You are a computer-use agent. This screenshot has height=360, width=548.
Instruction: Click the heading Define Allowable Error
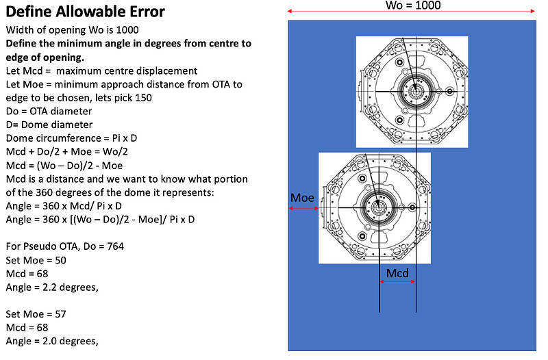click(85, 12)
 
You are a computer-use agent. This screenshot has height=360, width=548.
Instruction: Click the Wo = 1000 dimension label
click(413, 5)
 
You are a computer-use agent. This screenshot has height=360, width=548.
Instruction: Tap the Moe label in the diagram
click(302, 198)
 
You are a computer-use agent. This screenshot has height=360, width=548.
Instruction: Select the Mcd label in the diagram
click(397, 272)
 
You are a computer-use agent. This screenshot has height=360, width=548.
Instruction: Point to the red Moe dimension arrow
click(303, 209)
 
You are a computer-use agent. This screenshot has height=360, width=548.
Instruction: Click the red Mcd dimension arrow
click(398, 281)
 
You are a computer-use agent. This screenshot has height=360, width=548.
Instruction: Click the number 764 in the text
click(115, 246)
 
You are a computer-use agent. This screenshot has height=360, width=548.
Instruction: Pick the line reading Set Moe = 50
click(36, 260)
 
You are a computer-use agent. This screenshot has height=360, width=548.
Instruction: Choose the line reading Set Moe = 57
click(36, 314)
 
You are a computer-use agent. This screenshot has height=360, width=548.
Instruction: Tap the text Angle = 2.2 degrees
click(52, 287)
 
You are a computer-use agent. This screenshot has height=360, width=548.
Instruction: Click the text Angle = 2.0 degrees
click(52, 341)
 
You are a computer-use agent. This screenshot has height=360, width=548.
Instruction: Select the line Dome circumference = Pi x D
click(71, 138)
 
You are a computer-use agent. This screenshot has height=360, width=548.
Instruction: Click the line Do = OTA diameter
click(49, 111)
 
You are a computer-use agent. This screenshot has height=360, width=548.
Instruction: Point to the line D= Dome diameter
click(49, 125)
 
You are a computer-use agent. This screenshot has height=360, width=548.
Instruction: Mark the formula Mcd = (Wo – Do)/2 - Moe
click(64, 166)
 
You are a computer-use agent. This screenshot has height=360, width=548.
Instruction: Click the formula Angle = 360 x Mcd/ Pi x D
click(64, 206)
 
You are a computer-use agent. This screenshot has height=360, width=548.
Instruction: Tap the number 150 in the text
click(143, 98)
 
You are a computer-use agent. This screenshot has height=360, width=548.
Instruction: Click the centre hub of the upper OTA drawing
click(416, 92)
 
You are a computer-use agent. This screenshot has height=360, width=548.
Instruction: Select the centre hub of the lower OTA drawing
click(378, 208)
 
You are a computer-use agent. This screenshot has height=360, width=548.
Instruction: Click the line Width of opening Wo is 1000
click(73, 30)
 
